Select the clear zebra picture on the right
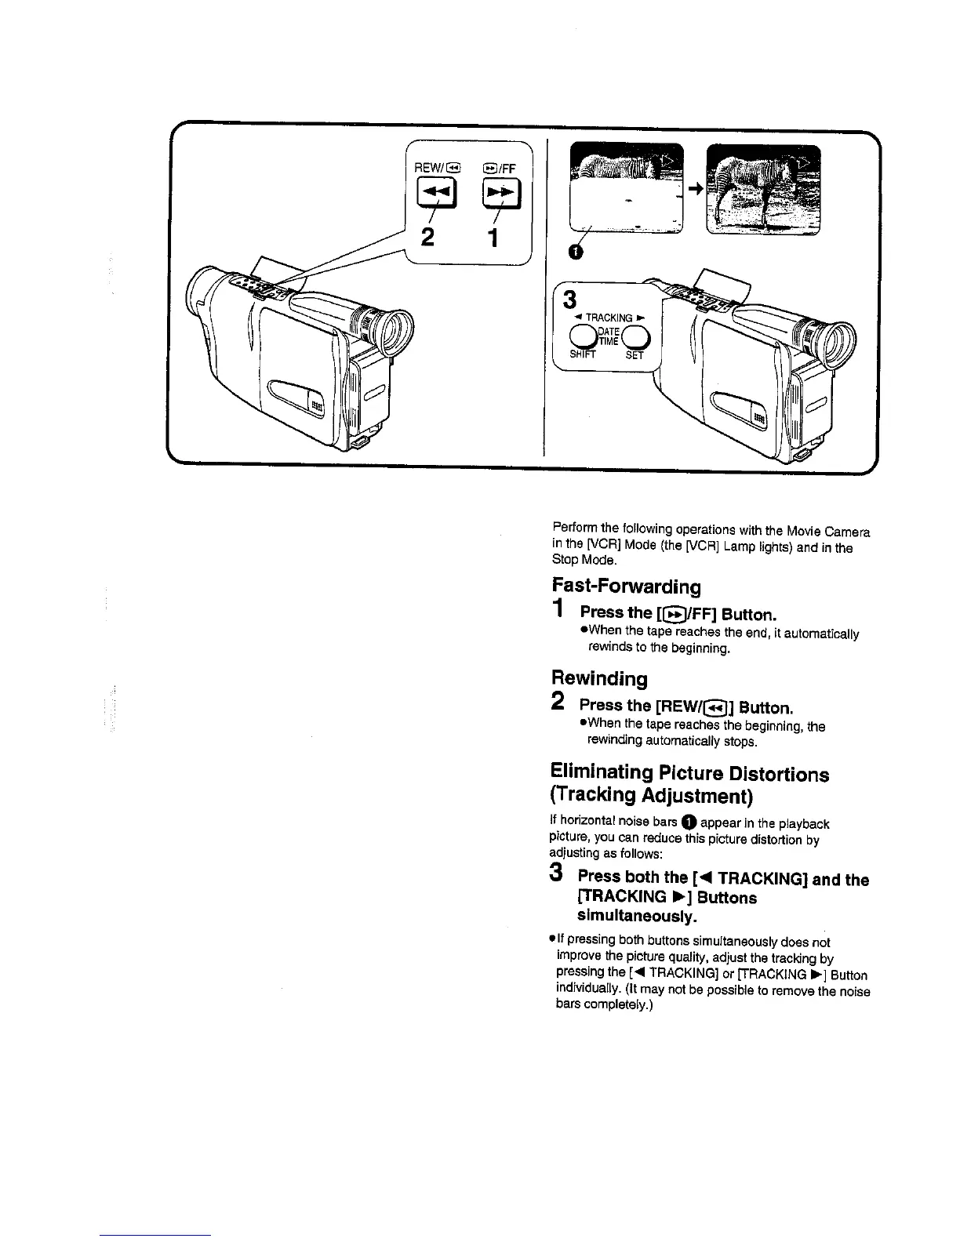coord(763,190)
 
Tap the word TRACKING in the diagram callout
coord(609,318)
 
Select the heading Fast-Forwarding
coord(626,586)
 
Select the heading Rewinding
coord(599,677)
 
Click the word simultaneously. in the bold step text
coord(637,916)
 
